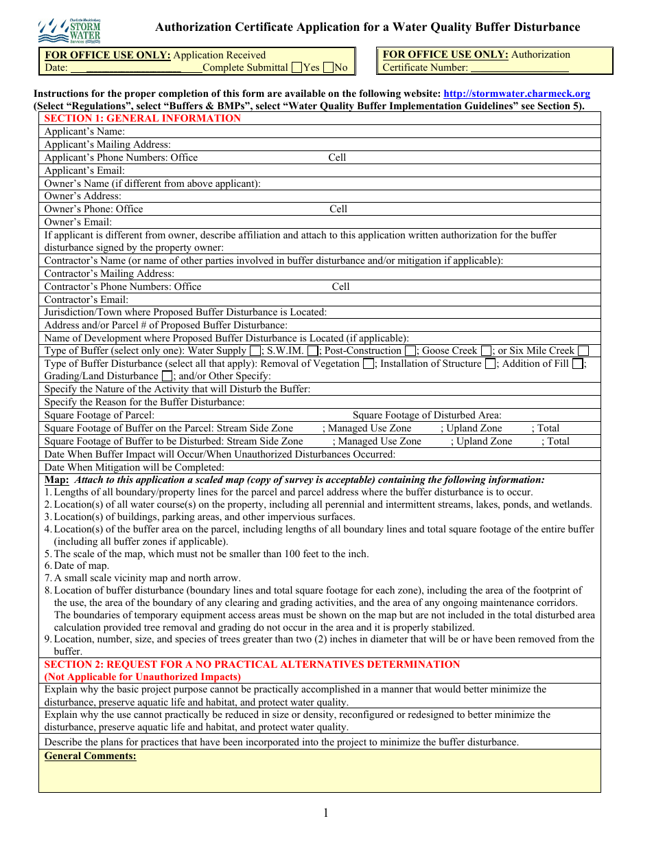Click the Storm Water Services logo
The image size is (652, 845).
[x=69, y=31]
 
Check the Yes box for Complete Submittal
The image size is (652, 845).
[x=296, y=67]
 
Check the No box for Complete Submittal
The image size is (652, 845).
[x=328, y=67]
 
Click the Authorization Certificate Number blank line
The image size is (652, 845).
[x=520, y=68]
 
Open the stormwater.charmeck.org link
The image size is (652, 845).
[x=516, y=94]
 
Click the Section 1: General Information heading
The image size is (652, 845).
[x=143, y=118]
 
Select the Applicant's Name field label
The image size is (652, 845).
[x=84, y=131]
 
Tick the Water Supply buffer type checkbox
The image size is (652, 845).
[x=255, y=351]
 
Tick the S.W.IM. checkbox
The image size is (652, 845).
[x=312, y=351]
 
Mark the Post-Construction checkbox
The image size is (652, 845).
[x=410, y=351]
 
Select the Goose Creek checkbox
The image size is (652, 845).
[x=486, y=351]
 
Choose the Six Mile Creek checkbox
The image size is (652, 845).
[x=583, y=351]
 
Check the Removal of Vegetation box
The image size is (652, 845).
[x=369, y=364]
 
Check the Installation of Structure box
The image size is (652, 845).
[x=490, y=364]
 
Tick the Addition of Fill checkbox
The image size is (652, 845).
[x=577, y=364]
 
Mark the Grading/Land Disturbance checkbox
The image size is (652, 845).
[x=167, y=376]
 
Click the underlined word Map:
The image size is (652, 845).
[x=57, y=480]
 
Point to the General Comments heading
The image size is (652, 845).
[x=90, y=756]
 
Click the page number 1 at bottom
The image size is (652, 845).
[x=326, y=813]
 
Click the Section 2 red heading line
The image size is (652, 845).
[x=252, y=664]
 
